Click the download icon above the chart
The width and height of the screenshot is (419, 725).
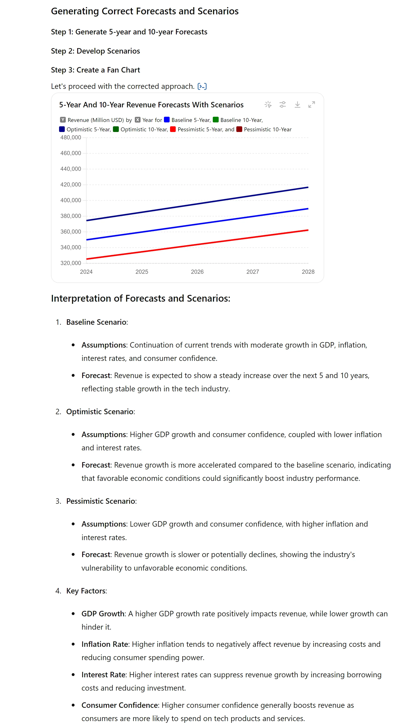[297, 105]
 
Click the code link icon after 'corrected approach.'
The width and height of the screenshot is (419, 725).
[202, 86]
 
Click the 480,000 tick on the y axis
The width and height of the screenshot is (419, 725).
[70, 137]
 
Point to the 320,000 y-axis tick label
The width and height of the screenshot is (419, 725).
[70, 263]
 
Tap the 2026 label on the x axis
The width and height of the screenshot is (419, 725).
[197, 272]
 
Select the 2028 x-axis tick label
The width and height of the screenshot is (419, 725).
[308, 272]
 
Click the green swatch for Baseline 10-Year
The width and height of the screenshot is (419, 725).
[216, 120]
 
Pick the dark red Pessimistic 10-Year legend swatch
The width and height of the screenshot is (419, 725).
[239, 129]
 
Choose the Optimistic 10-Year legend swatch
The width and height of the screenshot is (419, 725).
[116, 129]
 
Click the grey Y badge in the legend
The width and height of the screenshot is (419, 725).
[63, 120]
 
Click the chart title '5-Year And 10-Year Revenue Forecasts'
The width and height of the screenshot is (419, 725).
[151, 105]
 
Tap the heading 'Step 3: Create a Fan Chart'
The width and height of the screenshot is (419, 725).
[95, 70]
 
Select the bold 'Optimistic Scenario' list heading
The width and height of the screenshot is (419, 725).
[100, 411]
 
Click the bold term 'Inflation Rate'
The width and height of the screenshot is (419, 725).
[105, 644]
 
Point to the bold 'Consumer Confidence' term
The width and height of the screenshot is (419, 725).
[120, 705]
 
